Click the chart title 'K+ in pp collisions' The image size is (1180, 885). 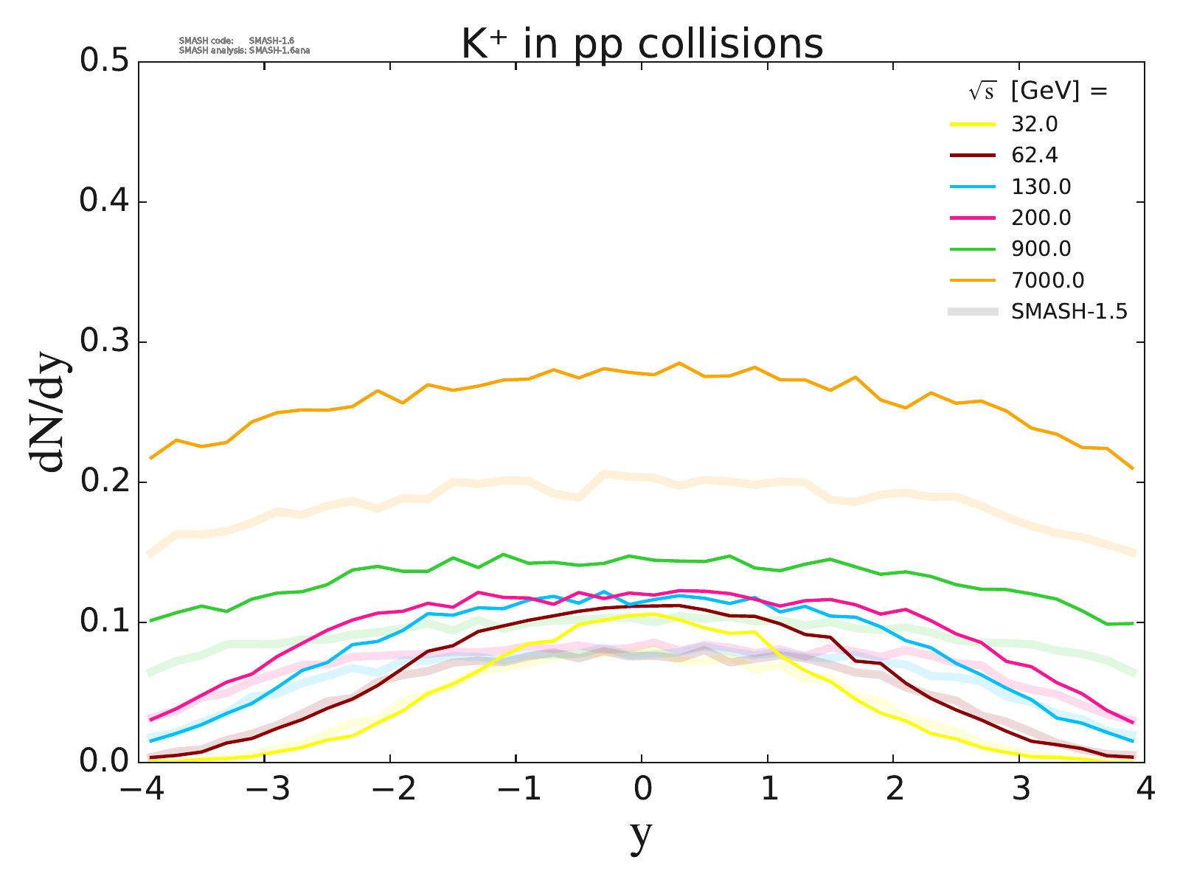point(642,44)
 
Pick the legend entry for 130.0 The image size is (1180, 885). point(1041,187)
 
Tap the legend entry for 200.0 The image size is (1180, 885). point(1041,218)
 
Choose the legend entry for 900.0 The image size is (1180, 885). point(1041,249)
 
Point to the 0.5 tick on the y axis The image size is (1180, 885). point(103,62)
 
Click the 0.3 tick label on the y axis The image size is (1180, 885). point(103,342)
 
